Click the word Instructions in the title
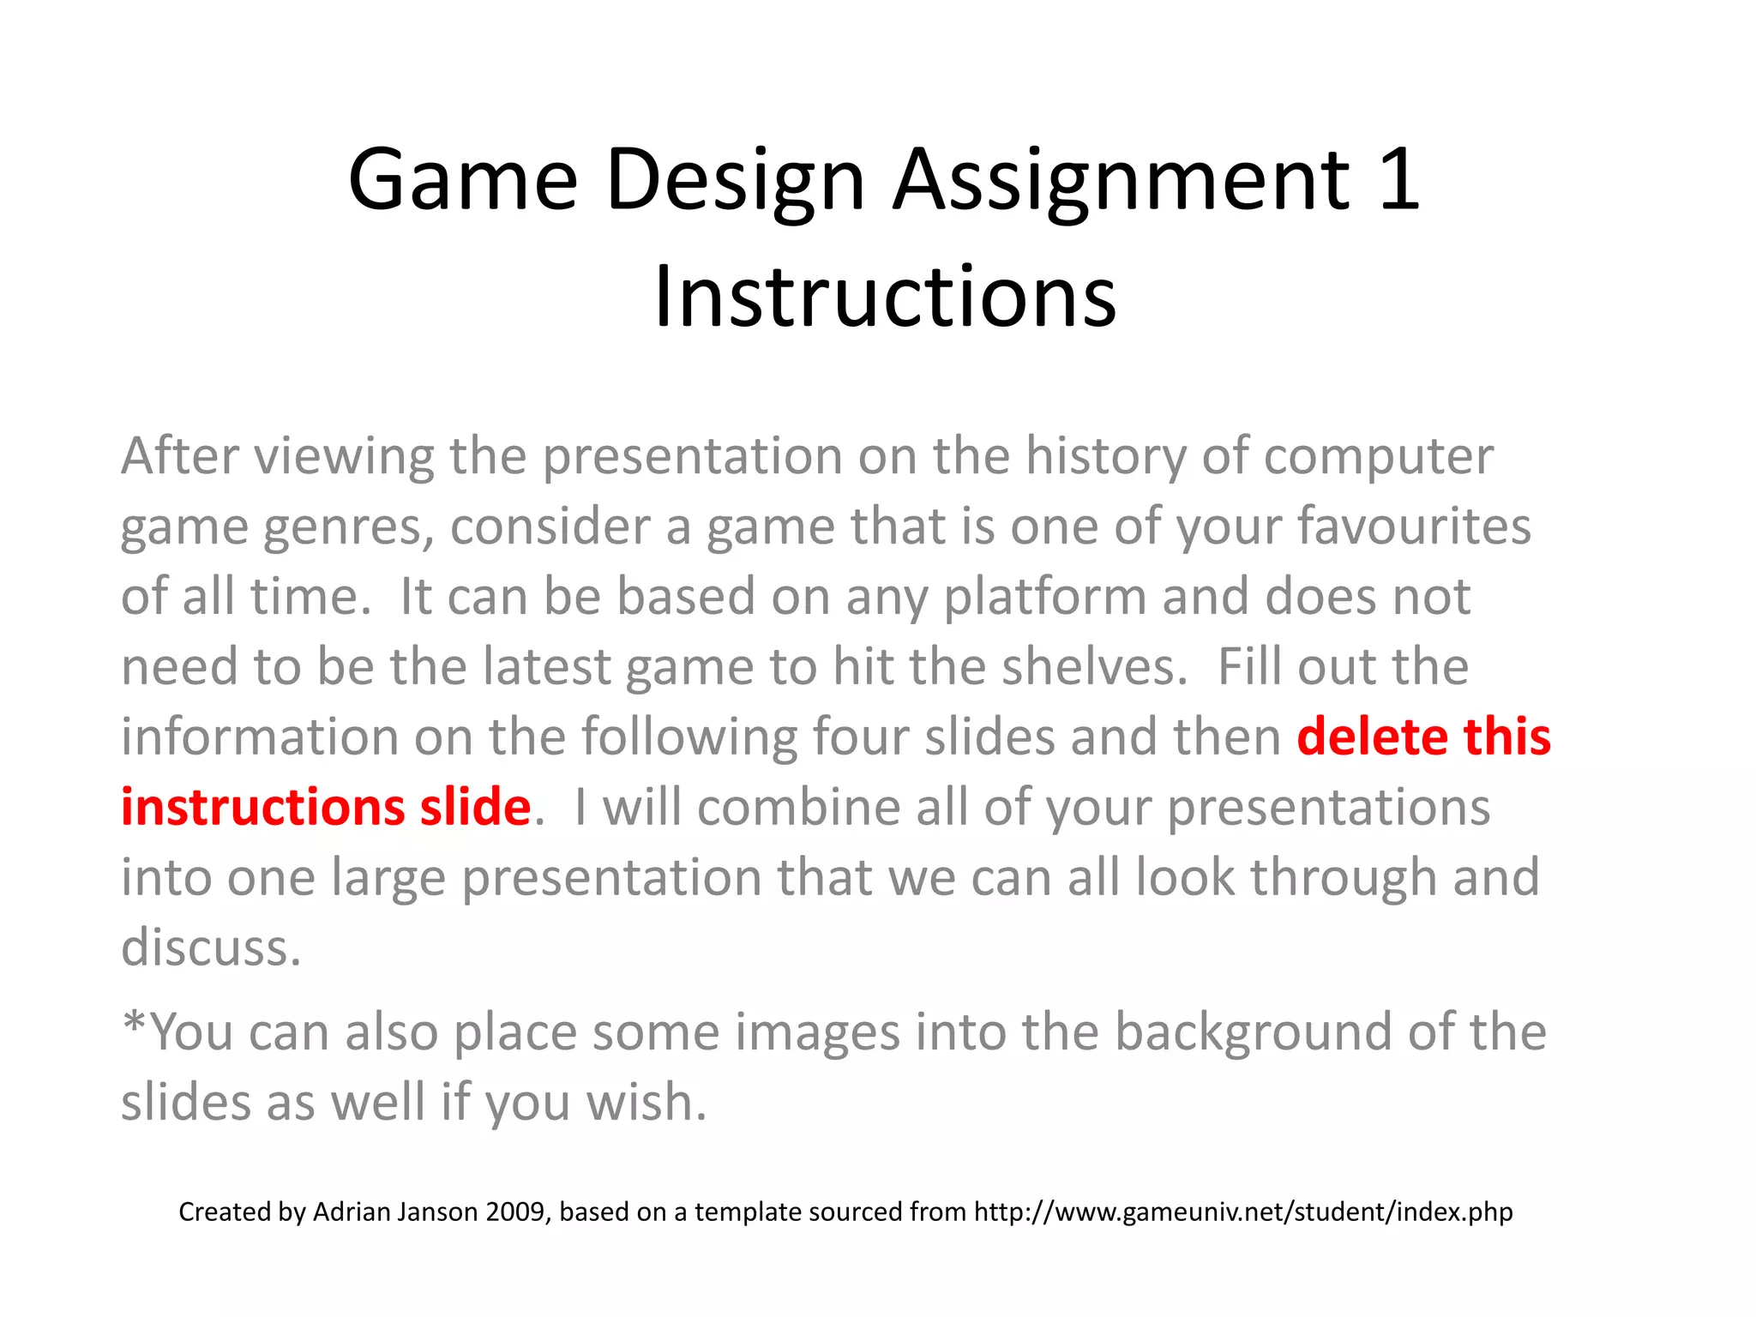click(885, 297)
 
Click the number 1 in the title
click(1398, 179)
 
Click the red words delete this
click(1423, 737)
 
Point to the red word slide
click(475, 807)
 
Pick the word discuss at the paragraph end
click(211, 947)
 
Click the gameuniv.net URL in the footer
click(1243, 1212)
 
